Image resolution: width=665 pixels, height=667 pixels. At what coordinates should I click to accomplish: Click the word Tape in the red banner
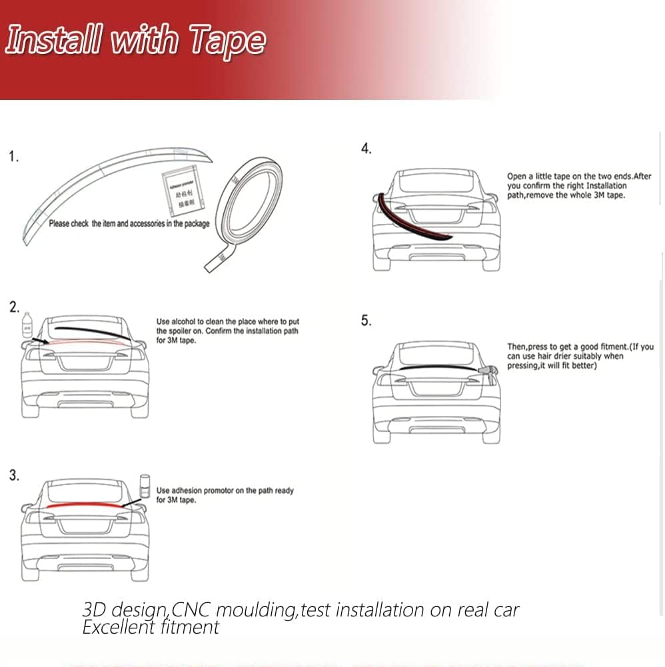(227, 41)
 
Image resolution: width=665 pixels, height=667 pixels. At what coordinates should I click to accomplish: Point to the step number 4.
(366, 149)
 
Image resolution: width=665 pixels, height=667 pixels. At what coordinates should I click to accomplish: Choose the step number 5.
(366, 321)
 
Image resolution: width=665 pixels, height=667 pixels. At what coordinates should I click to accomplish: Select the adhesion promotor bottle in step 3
(144, 485)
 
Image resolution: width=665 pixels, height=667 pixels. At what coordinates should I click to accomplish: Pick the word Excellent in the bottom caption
(117, 627)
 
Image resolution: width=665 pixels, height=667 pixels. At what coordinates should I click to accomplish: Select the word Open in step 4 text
(517, 177)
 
